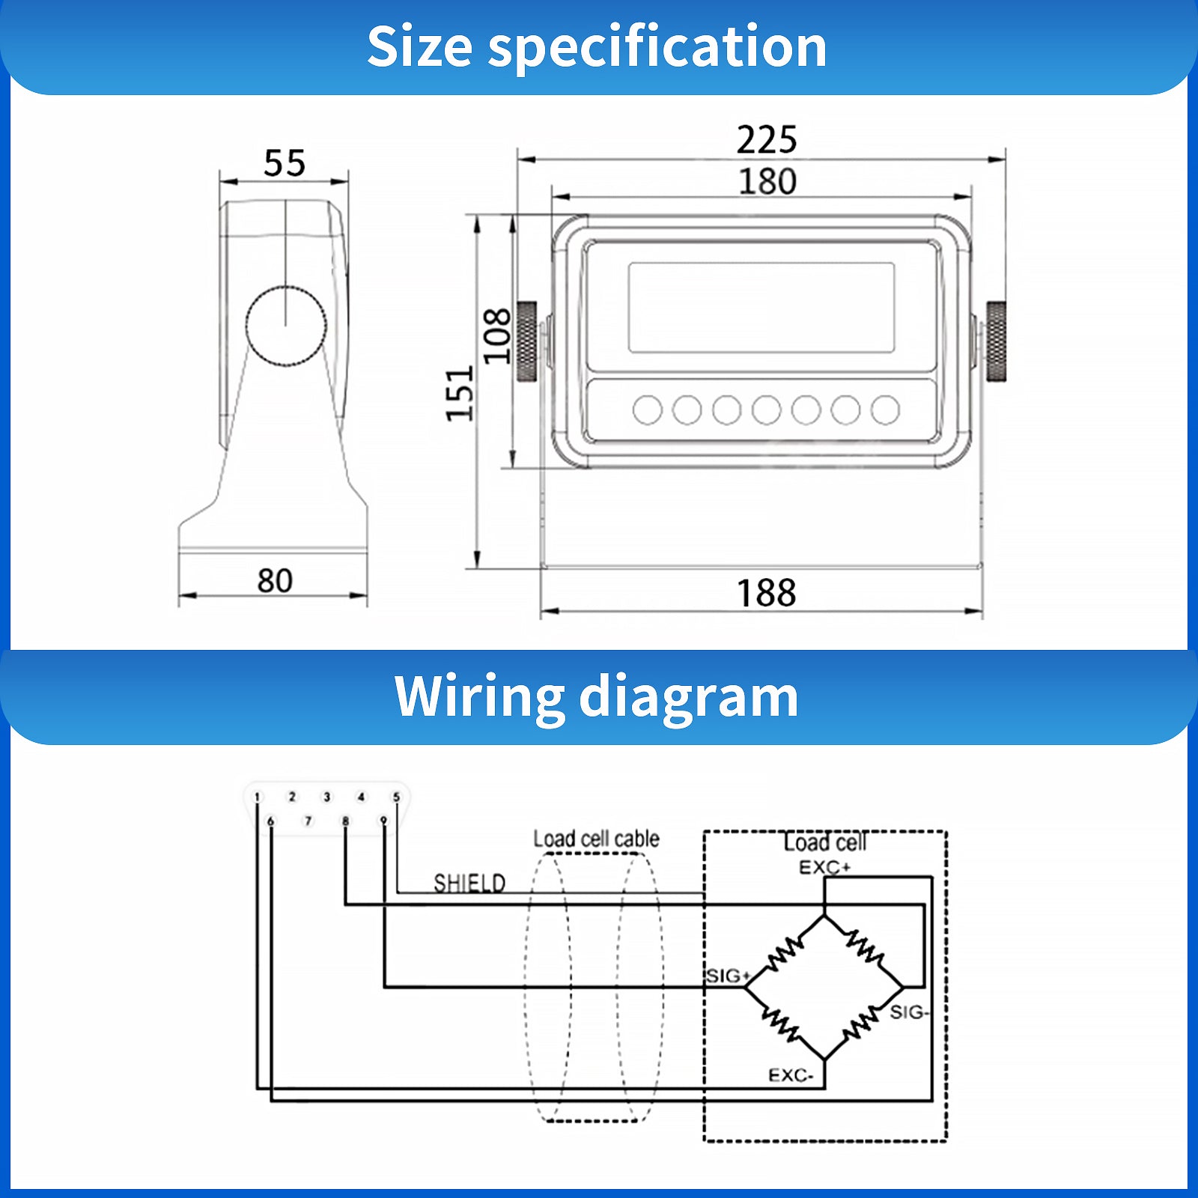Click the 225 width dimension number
pyautogui.click(x=767, y=140)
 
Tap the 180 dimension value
pyautogui.click(x=767, y=181)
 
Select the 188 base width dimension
pyautogui.click(x=767, y=593)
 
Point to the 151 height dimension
pyautogui.click(x=460, y=394)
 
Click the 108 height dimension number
pyautogui.click(x=496, y=335)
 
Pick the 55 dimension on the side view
pyautogui.click(x=285, y=163)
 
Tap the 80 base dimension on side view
pyautogui.click(x=275, y=580)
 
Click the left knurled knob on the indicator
pyautogui.click(x=527, y=341)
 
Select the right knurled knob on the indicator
pyautogui.click(x=996, y=341)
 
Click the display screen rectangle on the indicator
pyautogui.click(x=761, y=308)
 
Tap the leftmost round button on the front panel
pyautogui.click(x=648, y=410)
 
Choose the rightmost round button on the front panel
pyautogui.click(x=886, y=410)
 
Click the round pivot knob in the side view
pyautogui.click(x=286, y=326)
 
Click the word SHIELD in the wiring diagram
pyautogui.click(x=469, y=884)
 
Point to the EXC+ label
pyautogui.click(x=824, y=868)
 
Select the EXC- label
pyautogui.click(x=791, y=1075)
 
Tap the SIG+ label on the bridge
pyautogui.click(x=728, y=976)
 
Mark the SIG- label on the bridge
pyautogui.click(x=910, y=1012)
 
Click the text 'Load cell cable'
pyautogui.click(x=596, y=839)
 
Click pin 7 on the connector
pyautogui.click(x=308, y=821)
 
